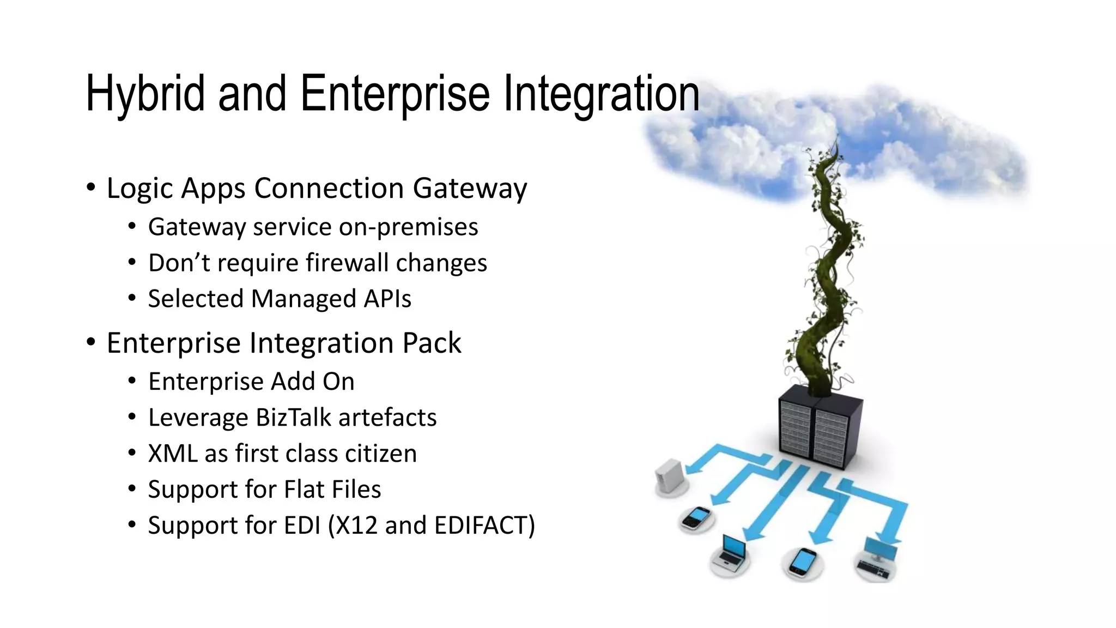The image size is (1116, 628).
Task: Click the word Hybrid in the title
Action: (145, 94)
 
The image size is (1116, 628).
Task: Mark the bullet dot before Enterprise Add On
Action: (132, 382)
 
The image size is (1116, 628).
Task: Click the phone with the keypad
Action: (696, 518)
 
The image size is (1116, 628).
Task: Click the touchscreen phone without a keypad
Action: (803, 561)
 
